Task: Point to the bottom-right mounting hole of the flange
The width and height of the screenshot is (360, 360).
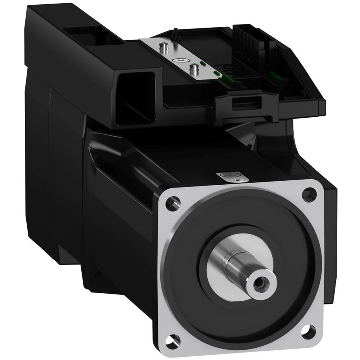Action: tap(309, 329)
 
